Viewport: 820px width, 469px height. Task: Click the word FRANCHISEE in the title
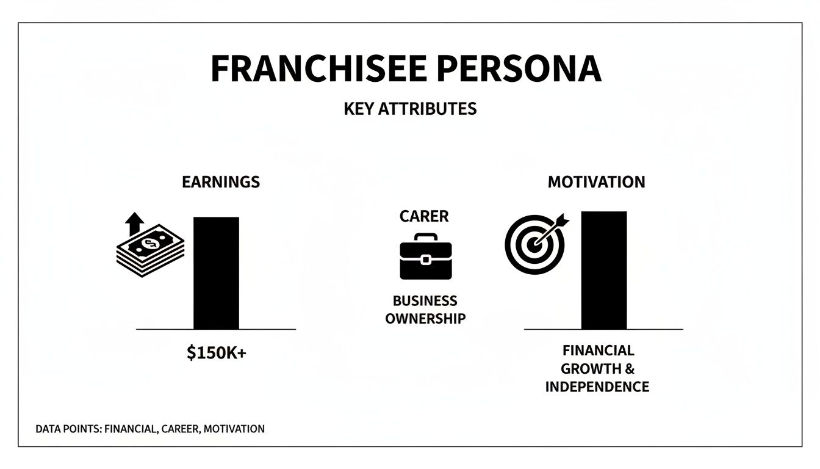click(x=309, y=69)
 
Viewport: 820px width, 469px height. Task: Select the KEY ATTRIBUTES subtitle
click(x=410, y=109)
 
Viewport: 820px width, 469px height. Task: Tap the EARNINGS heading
click(x=221, y=182)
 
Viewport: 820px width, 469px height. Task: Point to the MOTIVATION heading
click(x=596, y=182)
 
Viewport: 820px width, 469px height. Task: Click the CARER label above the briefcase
click(x=424, y=216)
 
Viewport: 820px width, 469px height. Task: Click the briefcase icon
click(x=426, y=259)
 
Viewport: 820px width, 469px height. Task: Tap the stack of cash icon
click(x=150, y=251)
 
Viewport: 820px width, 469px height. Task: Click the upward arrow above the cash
click(x=134, y=225)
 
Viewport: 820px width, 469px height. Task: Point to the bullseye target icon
click(x=534, y=244)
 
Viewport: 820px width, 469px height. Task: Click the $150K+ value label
click(x=217, y=353)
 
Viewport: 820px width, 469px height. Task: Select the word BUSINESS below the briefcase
click(x=425, y=301)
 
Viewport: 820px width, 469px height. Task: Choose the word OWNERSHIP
click(x=425, y=318)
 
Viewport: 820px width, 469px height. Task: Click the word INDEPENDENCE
click(x=597, y=387)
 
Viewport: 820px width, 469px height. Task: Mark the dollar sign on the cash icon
click(x=148, y=244)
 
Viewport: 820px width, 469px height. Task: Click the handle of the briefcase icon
click(x=426, y=237)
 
